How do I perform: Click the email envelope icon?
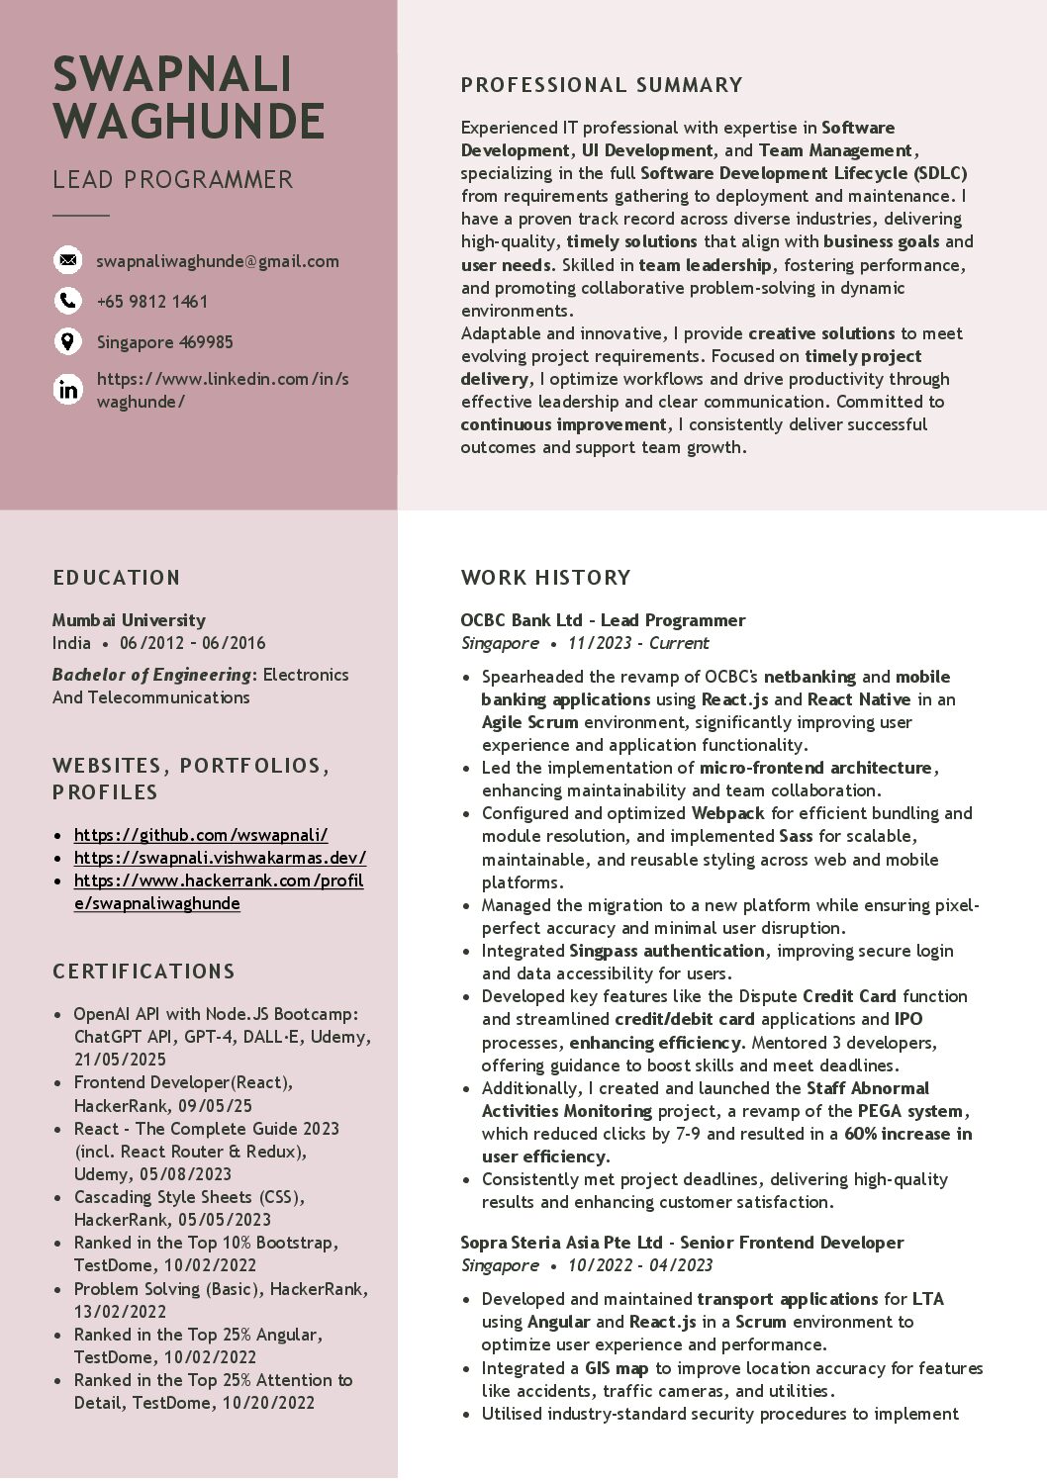coord(67,260)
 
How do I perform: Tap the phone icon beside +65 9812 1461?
coord(67,301)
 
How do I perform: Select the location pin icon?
coord(67,341)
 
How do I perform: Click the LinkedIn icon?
coord(67,390)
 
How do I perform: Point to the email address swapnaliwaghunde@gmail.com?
coord(218,261)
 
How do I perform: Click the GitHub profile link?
coord(201,835)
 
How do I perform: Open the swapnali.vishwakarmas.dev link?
coord(220,858)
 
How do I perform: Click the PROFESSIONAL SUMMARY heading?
coord(602,85)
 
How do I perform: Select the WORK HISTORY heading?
coord(545,578)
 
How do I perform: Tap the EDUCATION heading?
coord(117,578)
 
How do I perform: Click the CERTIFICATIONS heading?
coord(143,972)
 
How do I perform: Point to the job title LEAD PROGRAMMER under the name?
coord(173,180)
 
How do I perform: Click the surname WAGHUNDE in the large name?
coord(189,122)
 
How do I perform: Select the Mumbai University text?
coord(129,620)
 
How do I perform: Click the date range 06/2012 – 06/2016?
coord(193,643)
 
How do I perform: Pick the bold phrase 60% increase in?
coord(907,1134)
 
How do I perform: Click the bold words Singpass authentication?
coord(666,951)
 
